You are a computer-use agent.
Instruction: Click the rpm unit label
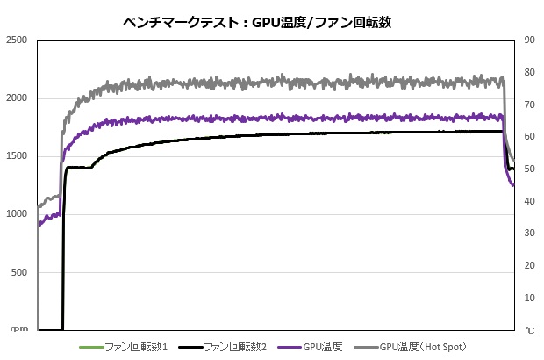18,329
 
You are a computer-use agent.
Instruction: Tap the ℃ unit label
529,330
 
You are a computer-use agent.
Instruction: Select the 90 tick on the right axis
529,40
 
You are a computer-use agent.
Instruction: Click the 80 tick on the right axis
529,73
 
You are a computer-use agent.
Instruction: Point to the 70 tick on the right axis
529,104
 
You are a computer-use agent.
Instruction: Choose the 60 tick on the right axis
529,137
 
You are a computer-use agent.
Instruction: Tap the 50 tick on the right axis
529,169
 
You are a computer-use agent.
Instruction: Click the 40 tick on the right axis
529,201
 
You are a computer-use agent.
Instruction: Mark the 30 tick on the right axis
529,234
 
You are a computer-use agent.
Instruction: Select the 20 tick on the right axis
529,266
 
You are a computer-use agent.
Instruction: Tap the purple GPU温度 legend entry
324,348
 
